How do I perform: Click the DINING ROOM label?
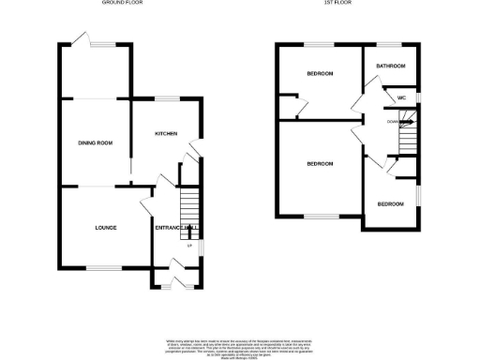[96, 142]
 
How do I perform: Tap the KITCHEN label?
[168, 133]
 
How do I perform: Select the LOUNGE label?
[105, 228]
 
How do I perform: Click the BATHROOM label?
[390, 67]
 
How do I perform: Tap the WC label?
[401, 97]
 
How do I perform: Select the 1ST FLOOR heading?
[348, 4]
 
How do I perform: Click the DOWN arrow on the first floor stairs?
[397, 121]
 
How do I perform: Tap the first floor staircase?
[406, 138]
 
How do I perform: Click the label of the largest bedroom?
[320, 164]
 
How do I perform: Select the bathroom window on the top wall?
[388, 44]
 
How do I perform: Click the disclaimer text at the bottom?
[240, 344]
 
